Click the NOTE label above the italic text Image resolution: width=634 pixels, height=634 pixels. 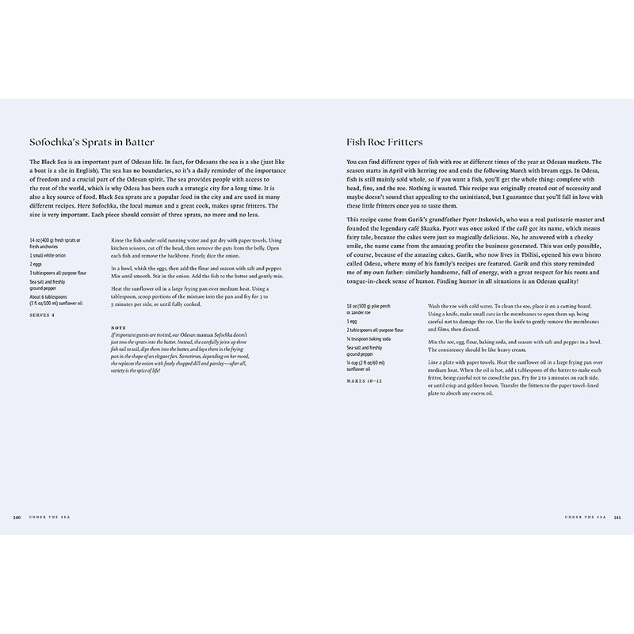coord(120,327)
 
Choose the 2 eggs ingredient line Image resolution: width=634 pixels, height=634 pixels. coord(36,265)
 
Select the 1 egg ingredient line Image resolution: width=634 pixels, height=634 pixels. coord(353,322)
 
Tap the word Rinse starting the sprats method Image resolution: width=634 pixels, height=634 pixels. coord(119,239)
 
